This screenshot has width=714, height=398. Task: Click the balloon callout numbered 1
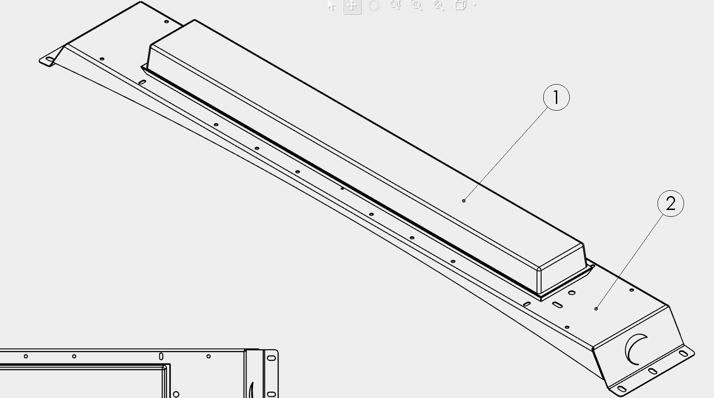(x=556, y=97)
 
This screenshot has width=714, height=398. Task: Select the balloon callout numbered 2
(x=671, y=204)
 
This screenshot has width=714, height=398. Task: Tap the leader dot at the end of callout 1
(x=464, y=201)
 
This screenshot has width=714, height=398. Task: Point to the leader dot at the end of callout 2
(x=596, y=309)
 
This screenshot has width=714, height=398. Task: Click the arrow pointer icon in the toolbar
(x=331, y=5)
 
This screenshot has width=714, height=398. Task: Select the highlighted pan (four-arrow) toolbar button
(x=352, y=6)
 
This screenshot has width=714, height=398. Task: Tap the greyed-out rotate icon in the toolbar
(x=374, y=5)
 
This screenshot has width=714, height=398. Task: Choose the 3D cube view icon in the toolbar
(x=460, y=5)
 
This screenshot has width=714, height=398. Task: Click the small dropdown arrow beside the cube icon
(x=475, y=5)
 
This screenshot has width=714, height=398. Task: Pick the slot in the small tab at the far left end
(x=50, y=59)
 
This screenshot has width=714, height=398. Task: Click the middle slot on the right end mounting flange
(x=653, y=371)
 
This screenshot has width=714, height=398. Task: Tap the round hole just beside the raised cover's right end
(x=572, y=292)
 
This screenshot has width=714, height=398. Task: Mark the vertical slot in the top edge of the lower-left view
(x=161, y=356)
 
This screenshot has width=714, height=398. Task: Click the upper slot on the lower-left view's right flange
(x=271, y=358)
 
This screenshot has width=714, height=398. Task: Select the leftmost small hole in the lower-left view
(x=26, y=356)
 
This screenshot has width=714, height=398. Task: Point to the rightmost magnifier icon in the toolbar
(x=439, y=5)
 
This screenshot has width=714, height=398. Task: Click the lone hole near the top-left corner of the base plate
(x=166, y=21)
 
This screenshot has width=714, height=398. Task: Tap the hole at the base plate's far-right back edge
(x=632, y=290)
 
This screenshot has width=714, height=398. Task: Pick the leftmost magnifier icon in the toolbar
(x=395, y=5)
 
